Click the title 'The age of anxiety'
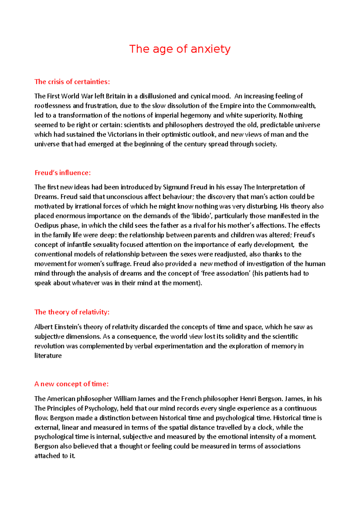tap(180, 49)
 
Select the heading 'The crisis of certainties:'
tap(72, 82)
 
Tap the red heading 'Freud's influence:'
tap(62, 173)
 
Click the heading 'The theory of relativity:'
tap(72, 312)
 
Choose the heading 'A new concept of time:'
tap(71, 384)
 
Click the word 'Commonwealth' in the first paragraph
tap(291, 106)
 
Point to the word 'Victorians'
tap(123, 135)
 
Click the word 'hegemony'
tap(198, 115)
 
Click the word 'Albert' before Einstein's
tap(43, 327)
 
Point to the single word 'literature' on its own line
tap(48, 356)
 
